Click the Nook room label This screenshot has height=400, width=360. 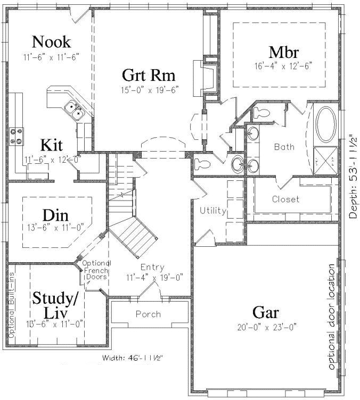52,41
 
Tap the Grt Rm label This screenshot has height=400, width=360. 149,74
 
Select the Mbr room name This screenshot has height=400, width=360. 283,52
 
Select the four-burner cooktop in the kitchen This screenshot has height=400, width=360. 18,136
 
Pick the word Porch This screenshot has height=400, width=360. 148,314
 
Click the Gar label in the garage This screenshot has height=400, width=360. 266,311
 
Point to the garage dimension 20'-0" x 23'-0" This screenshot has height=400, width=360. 266,326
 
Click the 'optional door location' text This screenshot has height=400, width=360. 332,317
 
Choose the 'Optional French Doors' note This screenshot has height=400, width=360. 97,270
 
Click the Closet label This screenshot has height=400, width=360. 285,199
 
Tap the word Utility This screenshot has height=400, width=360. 213,211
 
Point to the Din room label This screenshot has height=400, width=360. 55,216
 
